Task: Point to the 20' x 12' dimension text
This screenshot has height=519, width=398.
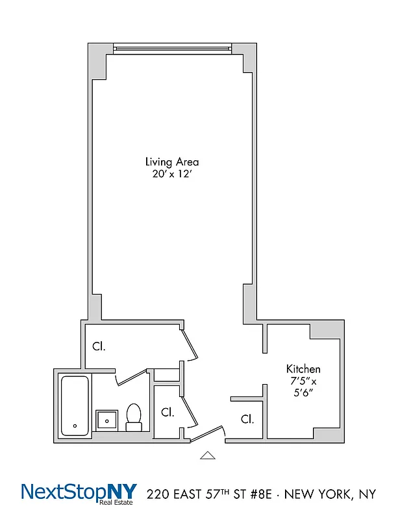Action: pos(172,174)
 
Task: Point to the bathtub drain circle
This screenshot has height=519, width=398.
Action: pos(75,426)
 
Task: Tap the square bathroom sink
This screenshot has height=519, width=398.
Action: pos(106,420)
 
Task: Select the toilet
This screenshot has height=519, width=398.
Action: pos(134,417)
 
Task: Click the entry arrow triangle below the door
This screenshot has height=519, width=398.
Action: pos(207,455)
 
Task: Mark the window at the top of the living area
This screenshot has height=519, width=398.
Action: pos(172,47)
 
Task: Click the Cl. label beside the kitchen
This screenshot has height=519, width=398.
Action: pos(247,419)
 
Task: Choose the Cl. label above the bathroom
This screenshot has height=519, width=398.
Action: pos(99,346)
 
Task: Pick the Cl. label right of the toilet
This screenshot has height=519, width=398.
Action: pos(168,412)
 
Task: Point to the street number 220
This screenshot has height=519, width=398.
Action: pos(160,495)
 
